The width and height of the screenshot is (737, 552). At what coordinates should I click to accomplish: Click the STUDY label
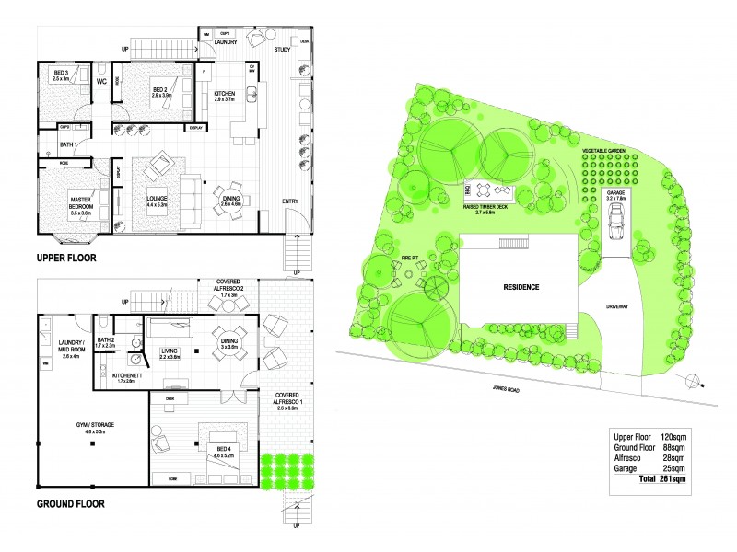pyautogui.click(x=282, y=50)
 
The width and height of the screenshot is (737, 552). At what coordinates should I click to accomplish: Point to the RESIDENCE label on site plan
pyautogui.click(x=521, y=287)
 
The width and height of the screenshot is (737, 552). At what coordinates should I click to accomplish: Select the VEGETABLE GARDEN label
pyautogui.click(x=604, y=149)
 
